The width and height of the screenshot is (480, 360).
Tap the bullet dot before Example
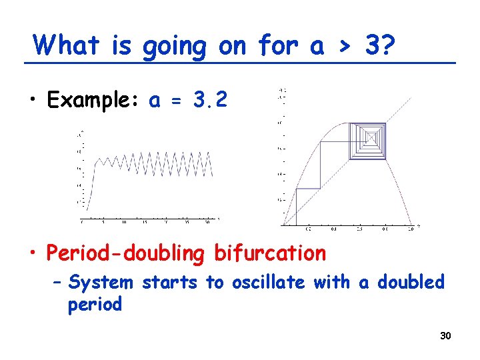point(33,101)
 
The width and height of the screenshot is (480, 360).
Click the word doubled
point(411,283)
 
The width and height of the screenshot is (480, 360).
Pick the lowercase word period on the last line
point(95,305)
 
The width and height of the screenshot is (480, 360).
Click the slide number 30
point(445,336)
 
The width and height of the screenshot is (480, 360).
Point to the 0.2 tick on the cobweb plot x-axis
point(308,229)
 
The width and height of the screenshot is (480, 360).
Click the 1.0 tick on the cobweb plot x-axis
point(411,229)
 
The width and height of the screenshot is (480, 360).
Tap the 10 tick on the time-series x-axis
point(123,222)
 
